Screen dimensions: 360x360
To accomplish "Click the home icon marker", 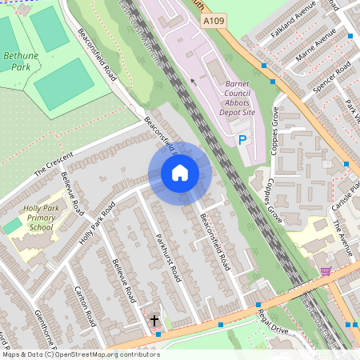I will pyautogui.click(x=180, y=173).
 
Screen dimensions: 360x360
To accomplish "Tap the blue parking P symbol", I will pyautogui.click(x=242, y=141).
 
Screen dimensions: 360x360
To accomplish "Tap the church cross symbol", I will pyautogui.click(x=154, y=321).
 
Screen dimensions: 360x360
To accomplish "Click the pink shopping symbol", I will pyautogui.click(x=326, y=271).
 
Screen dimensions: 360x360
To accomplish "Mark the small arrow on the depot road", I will pyautogui.click(x=192, y=81).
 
